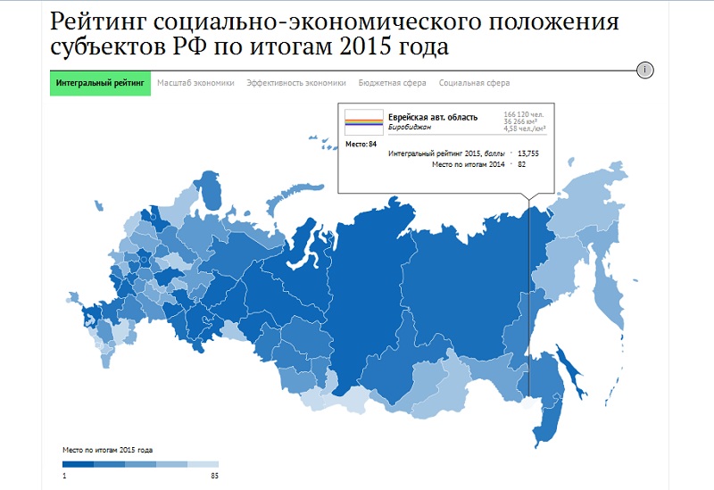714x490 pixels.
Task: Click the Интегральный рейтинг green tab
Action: pos(100,83)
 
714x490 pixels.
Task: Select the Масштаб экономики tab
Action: pos(195,83)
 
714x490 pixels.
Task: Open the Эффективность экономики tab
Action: pos(296,83)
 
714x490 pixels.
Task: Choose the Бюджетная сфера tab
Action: pos(392,83)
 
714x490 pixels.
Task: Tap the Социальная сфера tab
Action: pos(474,83)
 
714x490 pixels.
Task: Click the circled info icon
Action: pos(646,70)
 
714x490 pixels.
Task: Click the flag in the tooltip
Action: pos(363,121)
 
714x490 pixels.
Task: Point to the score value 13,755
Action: pos(529,154)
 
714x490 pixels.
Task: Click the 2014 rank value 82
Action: pos(521,164)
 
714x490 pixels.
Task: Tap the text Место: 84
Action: pos(361,143)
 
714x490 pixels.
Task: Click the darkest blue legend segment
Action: pos(78,464)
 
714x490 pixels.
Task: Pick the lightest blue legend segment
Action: pos(203,464)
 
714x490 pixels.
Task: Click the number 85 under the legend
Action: pos(214,476)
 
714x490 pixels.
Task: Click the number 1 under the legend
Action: pos(64,476)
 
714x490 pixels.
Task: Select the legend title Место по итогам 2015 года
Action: pos(107,450)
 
